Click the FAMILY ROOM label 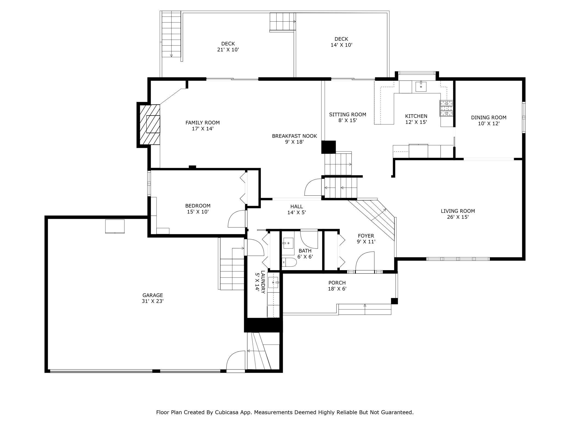(x=203, y=123)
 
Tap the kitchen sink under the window (x=421, y=86)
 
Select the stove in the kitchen (x=446, y=108)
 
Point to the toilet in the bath (x=289, y=262)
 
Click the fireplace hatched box (x=150, y=125)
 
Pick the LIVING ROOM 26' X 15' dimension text (x=458, y=217)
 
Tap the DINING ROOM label (x=489, y=117)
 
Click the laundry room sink (x=273, y=282)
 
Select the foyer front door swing (x=365, y=261)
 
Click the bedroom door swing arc (x=236, y=219)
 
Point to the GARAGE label (x=153, y=295)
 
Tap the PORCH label (x=337, y=283)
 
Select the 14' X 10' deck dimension (x=341, y=45)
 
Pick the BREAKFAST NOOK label (x=294, y=136)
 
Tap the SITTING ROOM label (x=347, y=114)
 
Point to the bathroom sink (x=288, y=243)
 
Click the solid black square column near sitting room (x=329, y=147)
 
